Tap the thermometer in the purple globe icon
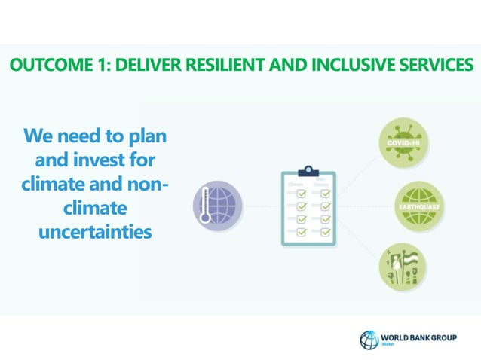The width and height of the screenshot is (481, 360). coord(205,207)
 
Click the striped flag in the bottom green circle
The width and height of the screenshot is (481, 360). coord(408,260)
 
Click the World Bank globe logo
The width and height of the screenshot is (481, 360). coord(369,339)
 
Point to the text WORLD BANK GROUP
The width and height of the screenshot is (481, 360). coord(419,335)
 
